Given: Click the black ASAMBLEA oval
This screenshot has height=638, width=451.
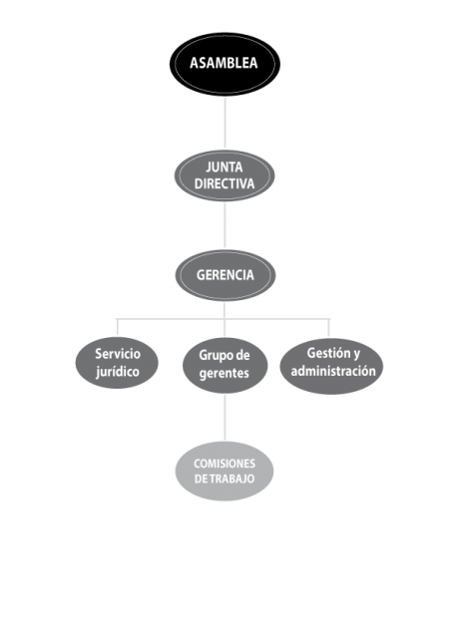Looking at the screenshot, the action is [225, 64].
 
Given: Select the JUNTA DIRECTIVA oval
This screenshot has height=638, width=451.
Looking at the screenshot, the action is [225, 175].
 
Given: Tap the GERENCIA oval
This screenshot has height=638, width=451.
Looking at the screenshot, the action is [225, 275].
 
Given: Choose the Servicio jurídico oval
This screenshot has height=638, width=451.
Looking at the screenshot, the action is [117, 363].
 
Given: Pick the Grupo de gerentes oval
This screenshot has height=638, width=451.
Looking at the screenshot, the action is [225, 365].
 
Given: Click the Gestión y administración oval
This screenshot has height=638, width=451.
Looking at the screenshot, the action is [331, 366].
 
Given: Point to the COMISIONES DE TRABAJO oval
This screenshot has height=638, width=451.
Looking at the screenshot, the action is [225, 471].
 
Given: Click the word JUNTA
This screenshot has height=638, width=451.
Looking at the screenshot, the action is [225, 166].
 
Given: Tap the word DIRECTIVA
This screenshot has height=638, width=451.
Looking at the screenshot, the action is [225, 183].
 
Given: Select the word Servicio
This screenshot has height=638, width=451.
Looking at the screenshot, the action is [118, 354].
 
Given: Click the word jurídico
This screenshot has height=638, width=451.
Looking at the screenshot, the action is [118, 372].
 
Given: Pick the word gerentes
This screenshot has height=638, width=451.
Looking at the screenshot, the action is [225, 374].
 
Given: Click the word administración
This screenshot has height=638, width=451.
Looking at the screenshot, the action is [333, 371].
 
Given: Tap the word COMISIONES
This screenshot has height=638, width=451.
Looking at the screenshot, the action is [225, 464].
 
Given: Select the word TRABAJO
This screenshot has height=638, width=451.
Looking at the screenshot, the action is [231, 478].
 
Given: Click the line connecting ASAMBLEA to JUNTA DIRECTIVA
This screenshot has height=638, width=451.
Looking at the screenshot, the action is [225, 122].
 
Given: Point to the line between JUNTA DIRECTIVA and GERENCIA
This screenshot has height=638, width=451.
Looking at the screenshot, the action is [225, 225].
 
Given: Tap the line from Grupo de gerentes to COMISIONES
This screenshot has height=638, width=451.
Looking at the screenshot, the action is [225, 417].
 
